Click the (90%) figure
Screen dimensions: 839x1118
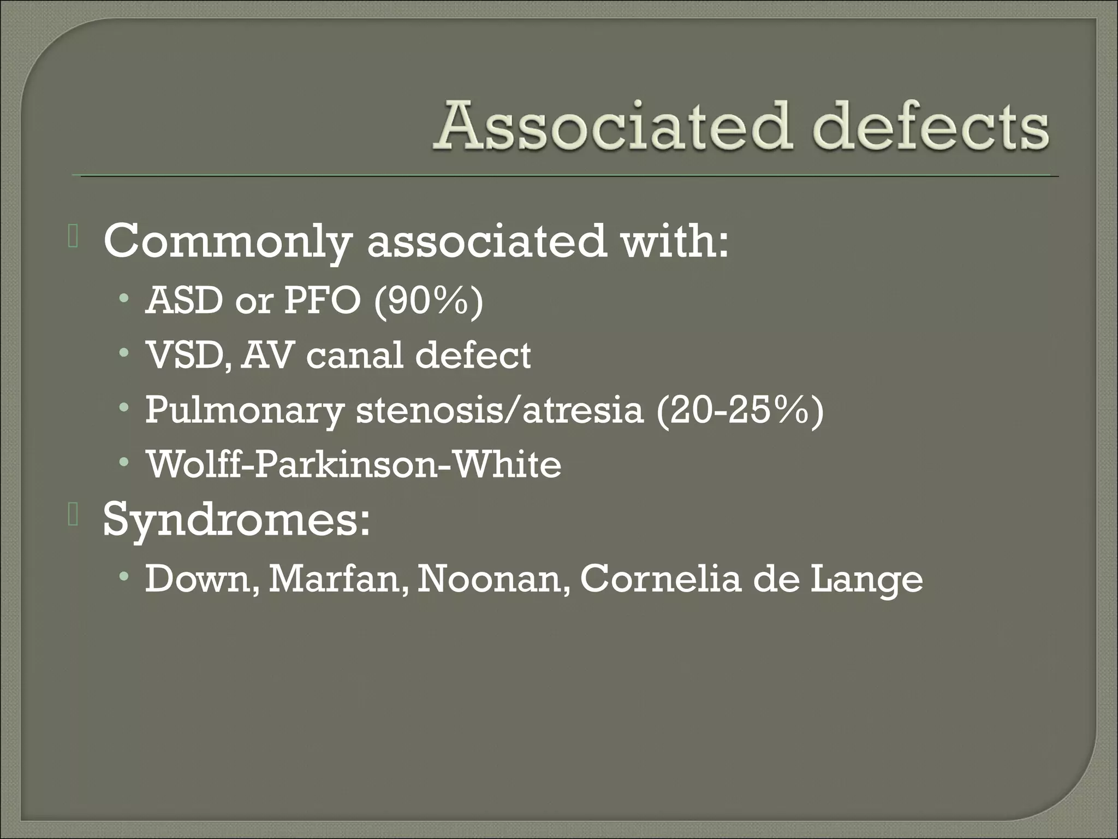[429, 302]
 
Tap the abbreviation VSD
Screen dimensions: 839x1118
[187, 356]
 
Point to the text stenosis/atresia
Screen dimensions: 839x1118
[500, 410]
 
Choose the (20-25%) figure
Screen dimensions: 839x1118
[740, 411]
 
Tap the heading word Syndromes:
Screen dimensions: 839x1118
[236, 519]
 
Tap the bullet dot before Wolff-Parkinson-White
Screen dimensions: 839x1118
[125, 463]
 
